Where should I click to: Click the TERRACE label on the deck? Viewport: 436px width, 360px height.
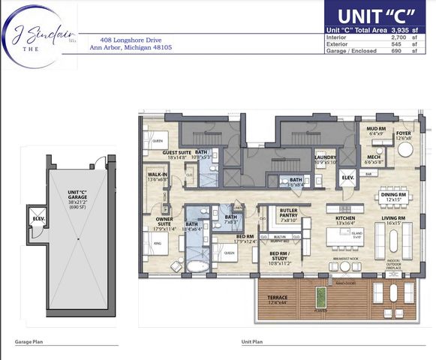pyautogui.click(x=278, y=298)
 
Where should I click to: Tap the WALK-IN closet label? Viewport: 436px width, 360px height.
pyautogui.click(x=157, y=175)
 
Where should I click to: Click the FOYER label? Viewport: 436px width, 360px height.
pyautogui.click(x=404, y=133)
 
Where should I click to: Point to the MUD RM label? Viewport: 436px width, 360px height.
pyautogui.click(x=376, y=128)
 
